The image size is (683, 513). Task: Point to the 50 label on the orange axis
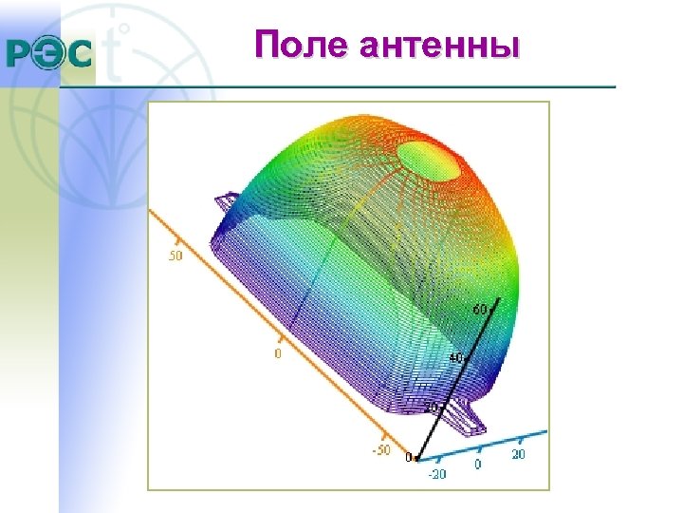(175, 256)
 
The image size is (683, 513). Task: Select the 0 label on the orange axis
(277, 353)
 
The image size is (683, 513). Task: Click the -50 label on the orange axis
(380, 449)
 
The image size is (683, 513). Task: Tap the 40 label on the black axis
(456, 357)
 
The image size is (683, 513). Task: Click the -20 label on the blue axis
(437, 472)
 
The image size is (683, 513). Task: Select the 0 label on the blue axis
(478, 465)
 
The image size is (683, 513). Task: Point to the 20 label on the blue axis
(519, 455)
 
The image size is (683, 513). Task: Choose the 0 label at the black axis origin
(408, 458)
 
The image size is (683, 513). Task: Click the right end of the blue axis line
(547, 429)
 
